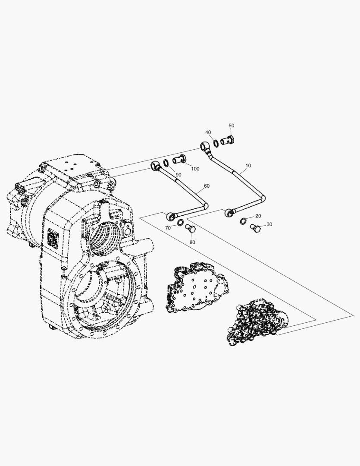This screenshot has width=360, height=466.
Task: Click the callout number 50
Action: (231, 126)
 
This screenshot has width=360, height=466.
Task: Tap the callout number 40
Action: (208, 132)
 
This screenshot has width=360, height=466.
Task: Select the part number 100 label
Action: (195, 169)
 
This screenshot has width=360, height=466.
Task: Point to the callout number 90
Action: (178, 175)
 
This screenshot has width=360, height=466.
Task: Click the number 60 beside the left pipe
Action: (207, 186)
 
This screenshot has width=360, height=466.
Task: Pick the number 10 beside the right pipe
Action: (248, 166)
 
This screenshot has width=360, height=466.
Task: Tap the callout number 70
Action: (169, 227)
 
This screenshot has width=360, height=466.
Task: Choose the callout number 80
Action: (192, 242)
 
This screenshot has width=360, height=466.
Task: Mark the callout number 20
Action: (258, 216)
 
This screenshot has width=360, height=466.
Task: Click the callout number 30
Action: (269, 224)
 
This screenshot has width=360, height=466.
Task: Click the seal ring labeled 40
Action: (216, 143)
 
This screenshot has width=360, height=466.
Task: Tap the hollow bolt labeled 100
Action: (178, 160)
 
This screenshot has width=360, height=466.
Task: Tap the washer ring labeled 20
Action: (244, 221)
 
